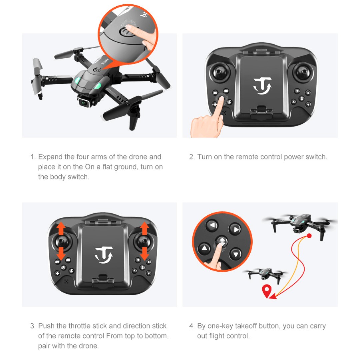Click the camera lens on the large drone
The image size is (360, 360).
pyautogui.click(x=84, y=103)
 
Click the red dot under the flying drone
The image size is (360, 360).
pyautogui.click(x=309, y=236)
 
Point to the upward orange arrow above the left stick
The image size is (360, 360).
pyautogui.click(x=61, y=229)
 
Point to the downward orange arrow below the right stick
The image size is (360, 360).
pyautogui.click(x=145, y=254)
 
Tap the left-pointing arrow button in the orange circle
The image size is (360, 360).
pyautogui.click(x=212, y=225)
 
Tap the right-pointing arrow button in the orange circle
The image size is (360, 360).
pyautogui.click(x=235, y=229)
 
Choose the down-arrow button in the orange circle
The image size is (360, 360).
pyautogui.click(x=235, y=254)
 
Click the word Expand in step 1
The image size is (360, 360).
pyautogui.click(x=50, y=157)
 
